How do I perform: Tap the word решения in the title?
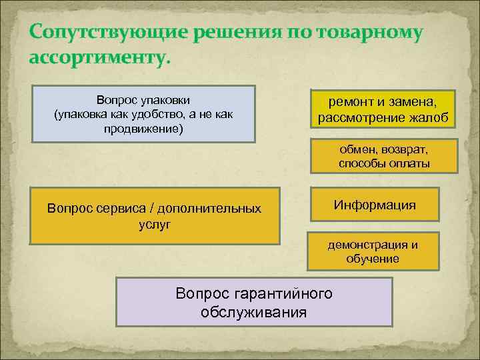coord(228,33)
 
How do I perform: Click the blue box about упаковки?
coord(145,113)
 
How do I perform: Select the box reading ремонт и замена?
coord(382,109)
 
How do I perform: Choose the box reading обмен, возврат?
coord(383,156)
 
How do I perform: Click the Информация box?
coord(375,204)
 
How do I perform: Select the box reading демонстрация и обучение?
coord(373,251)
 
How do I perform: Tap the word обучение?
coord(373,259)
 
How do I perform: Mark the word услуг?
coord(154,224)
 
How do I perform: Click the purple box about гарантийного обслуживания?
coord(253,302)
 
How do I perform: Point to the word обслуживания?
coord(253,312)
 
